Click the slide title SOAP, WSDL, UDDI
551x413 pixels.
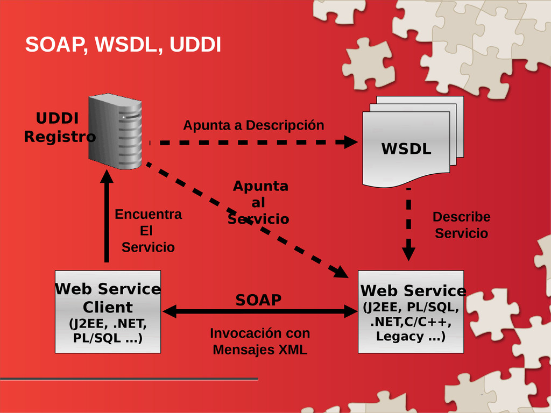[x=123, y=45]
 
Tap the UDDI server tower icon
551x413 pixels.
[x=115, y=131]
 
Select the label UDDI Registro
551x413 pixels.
[x=59, y=127]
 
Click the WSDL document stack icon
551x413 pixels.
[x=413, y=141]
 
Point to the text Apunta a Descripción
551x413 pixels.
[x=254, y=125]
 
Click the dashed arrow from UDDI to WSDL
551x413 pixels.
[x=253, y=142]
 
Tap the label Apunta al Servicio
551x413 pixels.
[x=259, y=202]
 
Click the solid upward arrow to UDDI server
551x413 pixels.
[x=107, y=216]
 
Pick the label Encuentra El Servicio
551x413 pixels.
[x=149, y=231]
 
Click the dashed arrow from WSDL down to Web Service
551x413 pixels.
[x=409, y=224]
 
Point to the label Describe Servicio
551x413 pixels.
[x=461, y=225]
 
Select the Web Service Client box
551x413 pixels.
[x=108, y=311]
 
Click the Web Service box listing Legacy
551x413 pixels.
[x=411, y=311]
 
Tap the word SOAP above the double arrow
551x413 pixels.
[x=259, y=300]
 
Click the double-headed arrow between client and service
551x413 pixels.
[x=260, y=311]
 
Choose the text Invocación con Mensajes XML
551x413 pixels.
[x=260, y=341]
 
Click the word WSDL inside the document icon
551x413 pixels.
[x=406, y=149]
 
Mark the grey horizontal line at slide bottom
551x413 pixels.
[x=129, y=379]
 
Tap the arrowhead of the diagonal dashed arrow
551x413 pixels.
[x=341, y=272]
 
